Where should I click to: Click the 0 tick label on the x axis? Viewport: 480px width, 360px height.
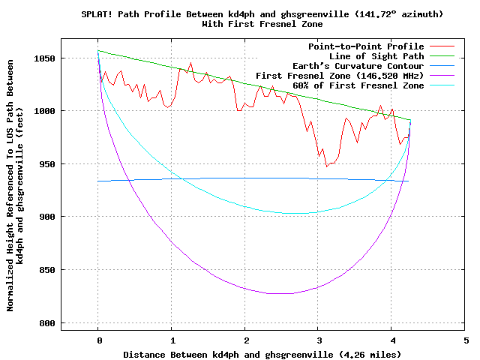(x=98, y=339)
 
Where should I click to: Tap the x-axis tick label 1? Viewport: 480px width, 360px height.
(x=172, y=339)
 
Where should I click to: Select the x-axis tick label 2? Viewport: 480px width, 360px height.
(x=245, y=339)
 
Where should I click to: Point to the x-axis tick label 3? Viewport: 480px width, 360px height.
(x=319, y=339)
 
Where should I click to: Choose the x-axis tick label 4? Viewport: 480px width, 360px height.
(x=392, y=339)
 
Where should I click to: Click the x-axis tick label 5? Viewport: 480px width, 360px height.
(x=466, y=339)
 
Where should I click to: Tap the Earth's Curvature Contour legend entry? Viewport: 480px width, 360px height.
(x=361, y=66)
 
